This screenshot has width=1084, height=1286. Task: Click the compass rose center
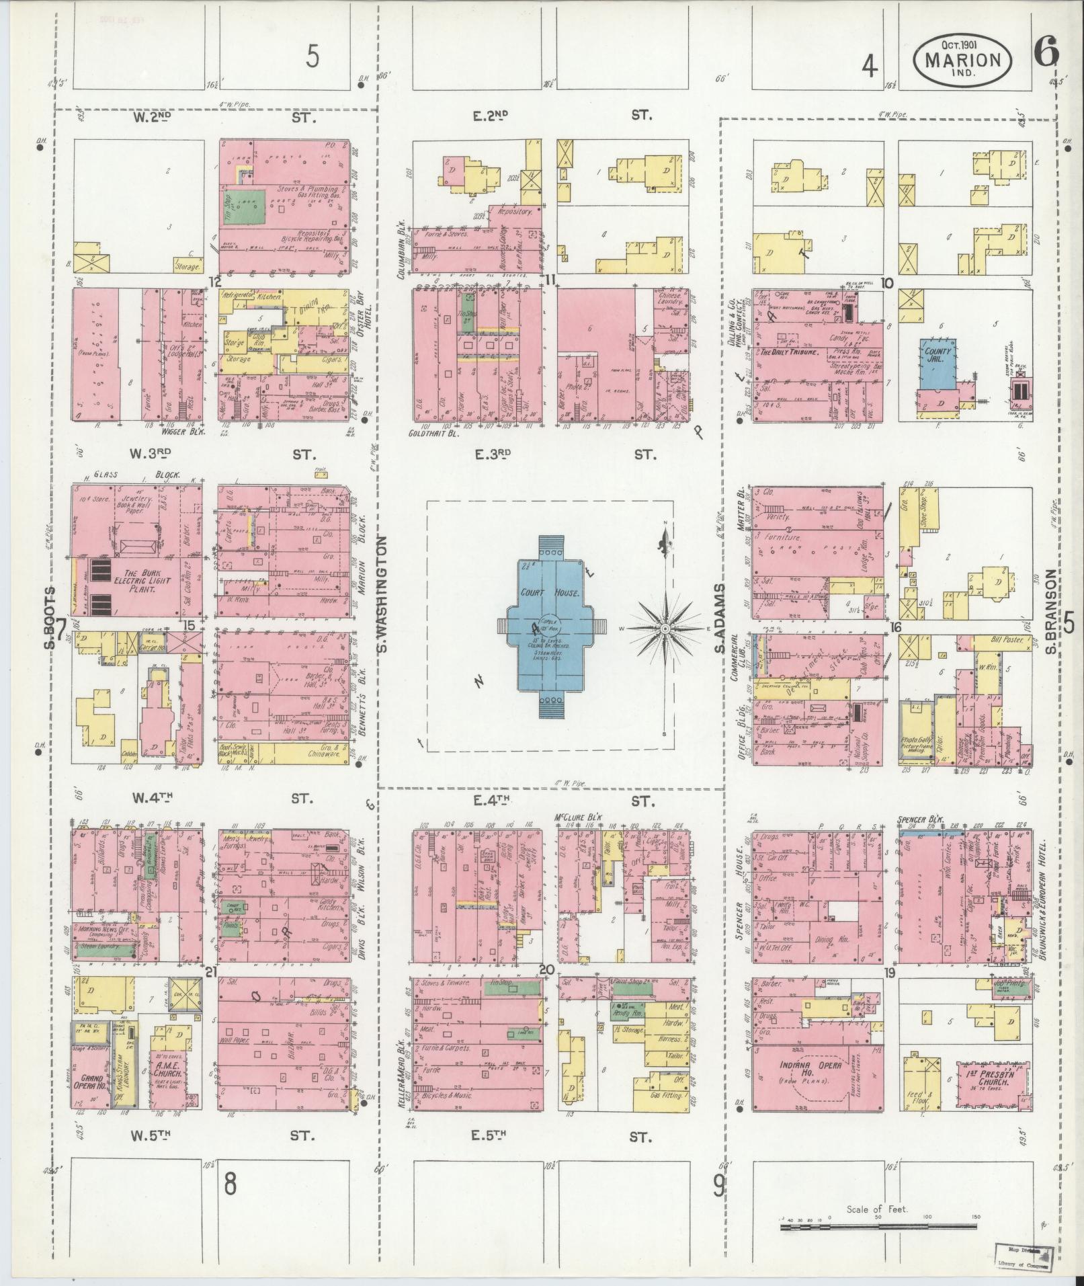pyautogui.click(x=665, y=629)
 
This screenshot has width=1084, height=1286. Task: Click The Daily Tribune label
pyautogui.click(x=788, y=352)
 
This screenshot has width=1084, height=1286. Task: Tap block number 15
pyautogui.click(x=190, y=625)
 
